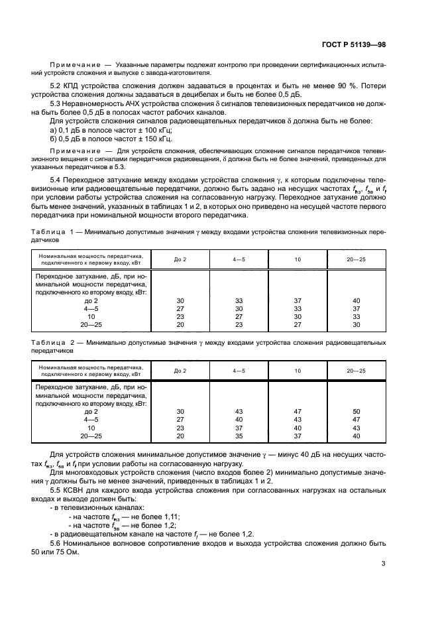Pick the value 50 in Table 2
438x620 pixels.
[356, 412]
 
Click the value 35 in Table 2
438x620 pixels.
[239, 436]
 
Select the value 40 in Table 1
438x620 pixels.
[356, 300]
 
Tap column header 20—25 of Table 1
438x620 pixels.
[356, 259]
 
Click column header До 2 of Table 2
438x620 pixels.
[180, 370]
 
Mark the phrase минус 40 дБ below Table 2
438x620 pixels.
[302, 455]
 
